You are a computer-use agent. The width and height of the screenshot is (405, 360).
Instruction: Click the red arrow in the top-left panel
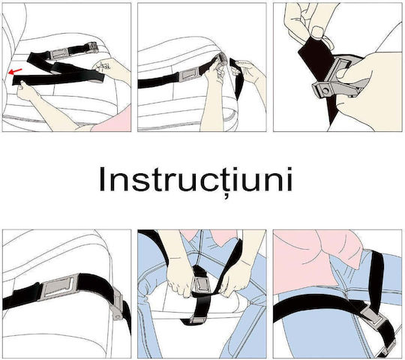15,71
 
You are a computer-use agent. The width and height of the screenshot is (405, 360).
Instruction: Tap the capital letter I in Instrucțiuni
101,179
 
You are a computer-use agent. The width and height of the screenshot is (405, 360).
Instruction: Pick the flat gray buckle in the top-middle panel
188,76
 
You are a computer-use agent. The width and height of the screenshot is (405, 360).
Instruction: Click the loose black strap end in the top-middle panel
237,77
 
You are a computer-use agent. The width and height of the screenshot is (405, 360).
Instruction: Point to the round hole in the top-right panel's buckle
327,91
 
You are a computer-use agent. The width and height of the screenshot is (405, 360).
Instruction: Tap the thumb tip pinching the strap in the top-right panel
316,33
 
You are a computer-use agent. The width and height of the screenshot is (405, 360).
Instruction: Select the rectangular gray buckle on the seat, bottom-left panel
58,287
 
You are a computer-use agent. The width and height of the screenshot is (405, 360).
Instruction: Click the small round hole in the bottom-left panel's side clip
118,316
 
